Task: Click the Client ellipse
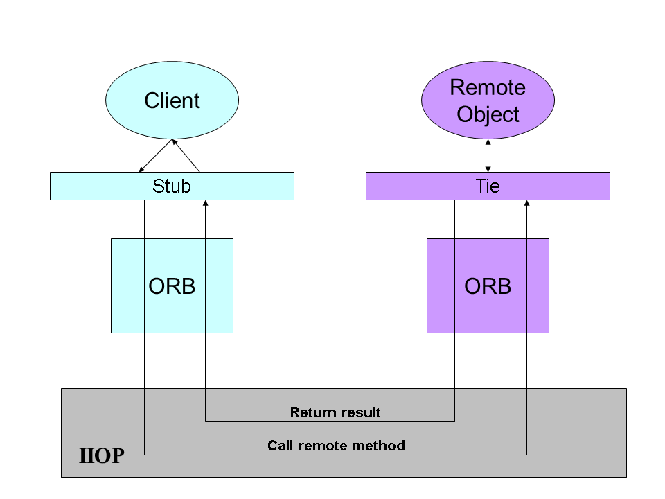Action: tap(172, 100)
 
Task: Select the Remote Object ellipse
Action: tap(488, 100)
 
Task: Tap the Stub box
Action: tap(172, 186)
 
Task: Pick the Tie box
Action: tap(488, 186)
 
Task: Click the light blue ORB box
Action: tap(172, 286)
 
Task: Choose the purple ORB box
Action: tap(488, 286)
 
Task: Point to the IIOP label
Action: tap(102, 456)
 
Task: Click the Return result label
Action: tap(335, 412)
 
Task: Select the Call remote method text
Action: tap(336, 445)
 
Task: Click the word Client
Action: tap(172, 100)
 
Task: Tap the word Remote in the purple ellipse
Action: tap(488, 87)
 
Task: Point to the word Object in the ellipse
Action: tap(488, 114)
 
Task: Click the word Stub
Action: tap(172, 186)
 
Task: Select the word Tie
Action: tap(488, 186)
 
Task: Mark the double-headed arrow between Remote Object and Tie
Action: tap(488, 156)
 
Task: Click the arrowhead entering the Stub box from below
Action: tap(205, 203)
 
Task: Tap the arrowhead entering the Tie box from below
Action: tap(526, 203)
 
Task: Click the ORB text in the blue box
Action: tap(172, 286)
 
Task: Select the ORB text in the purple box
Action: tap(488, 286)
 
